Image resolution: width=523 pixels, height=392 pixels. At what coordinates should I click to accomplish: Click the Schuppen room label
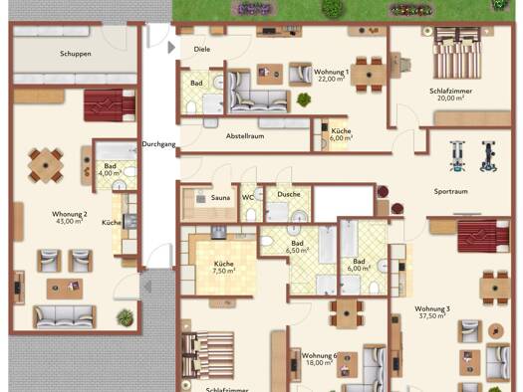click(x=76, y=54)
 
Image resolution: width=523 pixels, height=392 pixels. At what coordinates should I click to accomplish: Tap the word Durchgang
click(x=158, y=144)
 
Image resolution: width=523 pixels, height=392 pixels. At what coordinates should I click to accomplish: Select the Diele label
click(x=202, y=50)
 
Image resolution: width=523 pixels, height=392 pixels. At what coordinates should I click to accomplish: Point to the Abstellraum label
click(x=245, y=136)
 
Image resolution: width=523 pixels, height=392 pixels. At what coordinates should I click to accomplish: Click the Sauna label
click(x=220, y=198)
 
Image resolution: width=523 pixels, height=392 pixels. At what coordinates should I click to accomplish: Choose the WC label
click(x=247, y=198)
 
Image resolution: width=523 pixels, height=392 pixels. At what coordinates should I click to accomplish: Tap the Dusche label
click(x=289, y=194)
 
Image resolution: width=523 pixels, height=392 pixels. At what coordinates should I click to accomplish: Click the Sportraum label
click(x=450, y=191)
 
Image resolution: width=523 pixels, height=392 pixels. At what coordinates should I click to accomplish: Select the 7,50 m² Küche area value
click(x=224, y=271)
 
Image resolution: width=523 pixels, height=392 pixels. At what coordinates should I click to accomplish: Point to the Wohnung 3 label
click(x=432, y=308)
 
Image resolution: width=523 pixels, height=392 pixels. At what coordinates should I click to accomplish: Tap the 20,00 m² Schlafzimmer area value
click(x=450, y=98)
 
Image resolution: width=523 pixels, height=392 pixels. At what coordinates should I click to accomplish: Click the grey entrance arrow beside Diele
click(x=171, y=48)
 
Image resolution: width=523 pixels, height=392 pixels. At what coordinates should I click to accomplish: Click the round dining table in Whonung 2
click(x=46, y=165)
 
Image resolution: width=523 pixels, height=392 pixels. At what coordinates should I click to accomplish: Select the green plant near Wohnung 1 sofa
click(x=304, y=99)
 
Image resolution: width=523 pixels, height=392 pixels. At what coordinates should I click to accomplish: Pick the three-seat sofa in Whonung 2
click(x=65, y=316)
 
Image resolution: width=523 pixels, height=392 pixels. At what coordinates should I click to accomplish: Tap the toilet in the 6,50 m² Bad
click(x=267, y=241)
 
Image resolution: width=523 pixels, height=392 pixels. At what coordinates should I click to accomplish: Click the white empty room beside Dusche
click(x=344, y=204)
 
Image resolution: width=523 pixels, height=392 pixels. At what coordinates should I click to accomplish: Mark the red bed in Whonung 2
click(x=110, y=104)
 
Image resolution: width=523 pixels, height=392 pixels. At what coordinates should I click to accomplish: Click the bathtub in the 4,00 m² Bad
click(x=117, y=150)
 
